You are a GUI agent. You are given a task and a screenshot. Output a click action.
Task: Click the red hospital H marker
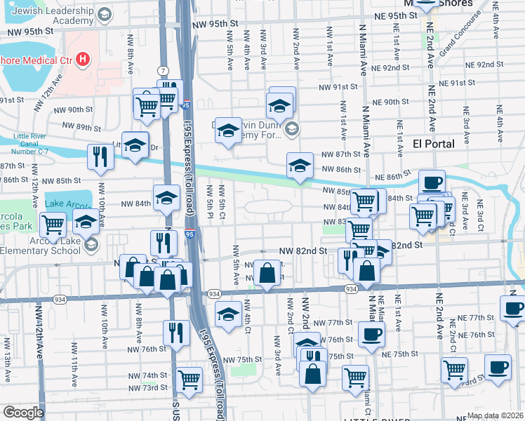(x=84, y=59)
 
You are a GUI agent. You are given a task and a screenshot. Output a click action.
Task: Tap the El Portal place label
(x=433, y=143)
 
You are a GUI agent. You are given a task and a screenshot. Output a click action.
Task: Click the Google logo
(x=22, y=413)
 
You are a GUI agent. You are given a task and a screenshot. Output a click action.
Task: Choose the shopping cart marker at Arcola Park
(x=53, y=225)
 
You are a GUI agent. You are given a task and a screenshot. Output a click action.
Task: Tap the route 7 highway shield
(x=163, y=71)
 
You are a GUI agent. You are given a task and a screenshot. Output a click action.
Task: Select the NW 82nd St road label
(x=303, y=250)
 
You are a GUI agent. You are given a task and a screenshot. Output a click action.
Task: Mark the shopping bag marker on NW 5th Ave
(x=267, y=273)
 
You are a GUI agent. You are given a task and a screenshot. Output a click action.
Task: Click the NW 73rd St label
(x=142, y=387)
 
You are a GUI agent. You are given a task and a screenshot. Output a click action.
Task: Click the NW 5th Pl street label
(x=209, y=201)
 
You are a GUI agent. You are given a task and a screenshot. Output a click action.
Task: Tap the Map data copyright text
(x=495, y=415)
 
